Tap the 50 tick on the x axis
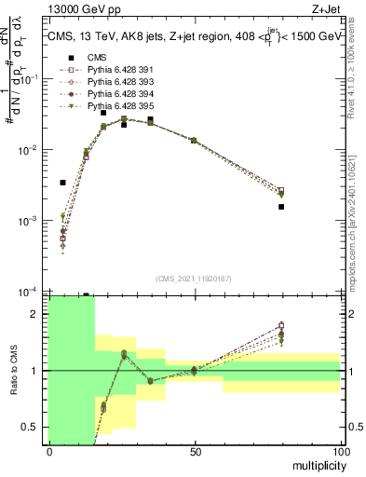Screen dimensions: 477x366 pyautogui.click(x=195, y=451)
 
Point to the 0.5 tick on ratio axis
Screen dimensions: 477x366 pyautogui.click(x=37, y=427)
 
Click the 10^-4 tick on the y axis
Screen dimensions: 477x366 pyautogui.click(x=34, y=292)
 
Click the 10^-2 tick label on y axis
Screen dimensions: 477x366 pyautogui.click(x=34, y=150)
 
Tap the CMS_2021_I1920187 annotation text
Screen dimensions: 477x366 pyautogui.click(x=194, y=279)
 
